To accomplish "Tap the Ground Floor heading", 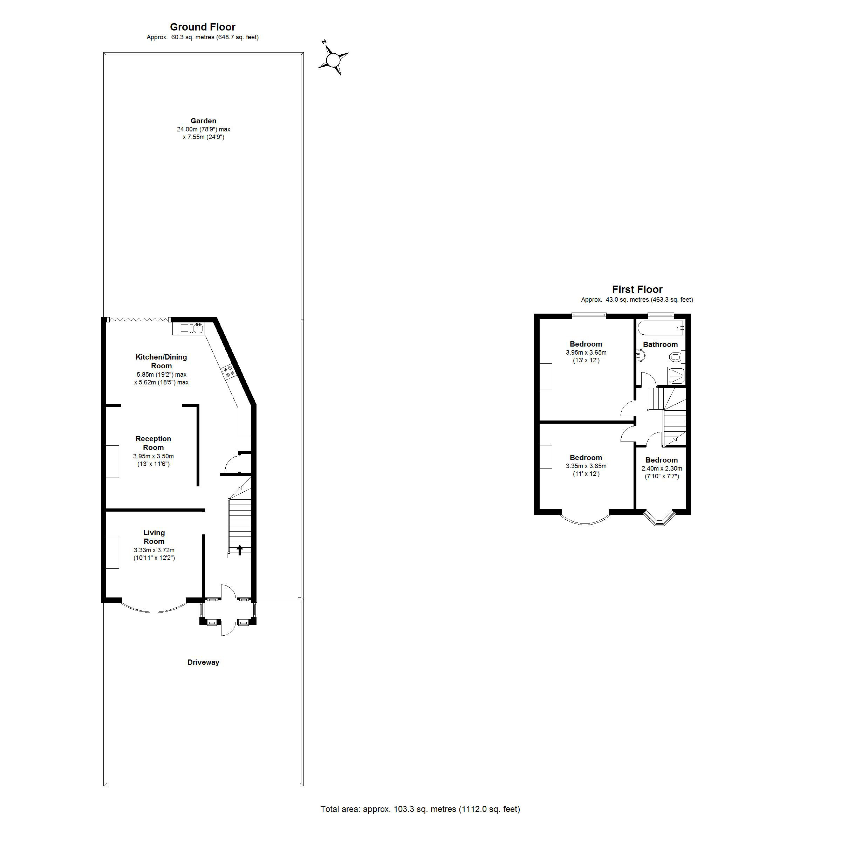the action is coord(203,27).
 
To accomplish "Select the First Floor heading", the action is coord(637,289).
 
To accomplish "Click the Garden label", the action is coord(203,121).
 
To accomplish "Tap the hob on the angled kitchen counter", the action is coord(228,371).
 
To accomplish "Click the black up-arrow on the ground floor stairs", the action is coord(239,550).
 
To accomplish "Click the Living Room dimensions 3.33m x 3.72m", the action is coord(154,550).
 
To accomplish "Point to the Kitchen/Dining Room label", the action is coord(161,361).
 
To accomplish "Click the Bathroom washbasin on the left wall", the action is coord(640,356).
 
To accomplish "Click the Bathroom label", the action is coord(660,344).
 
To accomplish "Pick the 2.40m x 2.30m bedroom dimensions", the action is coord(662,469).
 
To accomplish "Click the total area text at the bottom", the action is coord(420,809).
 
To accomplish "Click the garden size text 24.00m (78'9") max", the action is coord(203,129).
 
